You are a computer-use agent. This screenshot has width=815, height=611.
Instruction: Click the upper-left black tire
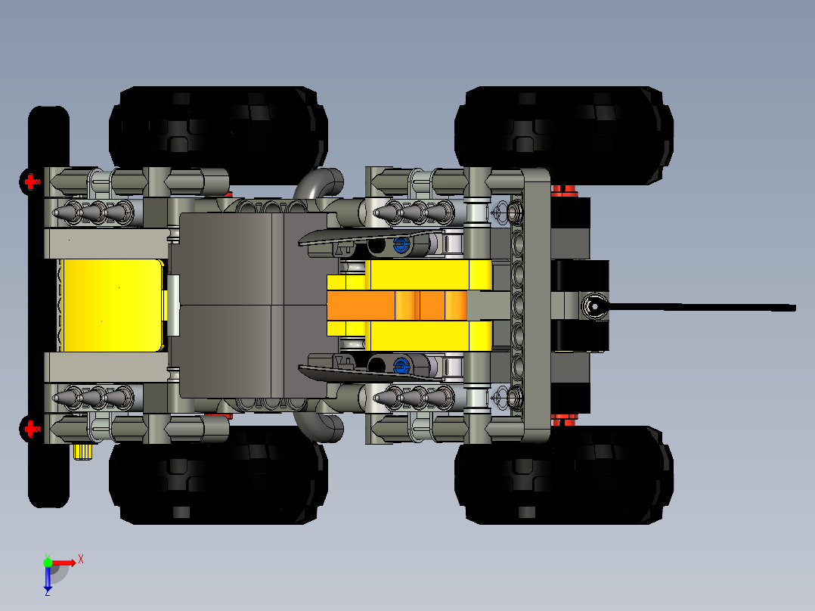218,127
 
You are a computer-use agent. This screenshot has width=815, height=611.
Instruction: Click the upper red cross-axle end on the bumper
30,181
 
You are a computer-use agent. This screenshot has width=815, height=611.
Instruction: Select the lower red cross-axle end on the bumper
30,429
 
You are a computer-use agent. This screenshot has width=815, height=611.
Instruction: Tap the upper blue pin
401,243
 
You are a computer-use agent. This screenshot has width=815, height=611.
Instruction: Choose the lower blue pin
401,367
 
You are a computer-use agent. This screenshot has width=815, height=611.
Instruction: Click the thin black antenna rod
703,307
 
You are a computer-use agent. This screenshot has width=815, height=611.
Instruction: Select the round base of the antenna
593,306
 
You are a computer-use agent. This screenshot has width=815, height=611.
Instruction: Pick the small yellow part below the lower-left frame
82,452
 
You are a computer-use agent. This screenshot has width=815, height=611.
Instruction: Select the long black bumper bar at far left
47,306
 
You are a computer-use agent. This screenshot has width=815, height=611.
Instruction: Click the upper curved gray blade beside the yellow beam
370,234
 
